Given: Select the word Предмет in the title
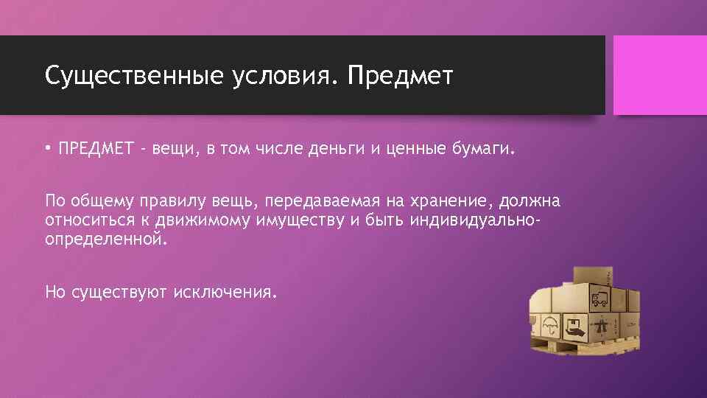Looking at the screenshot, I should click(x=401, y=75).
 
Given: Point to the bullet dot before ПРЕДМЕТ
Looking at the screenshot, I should click(x=47, y=150).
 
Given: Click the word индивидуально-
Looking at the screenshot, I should click(x=461, y=220).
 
